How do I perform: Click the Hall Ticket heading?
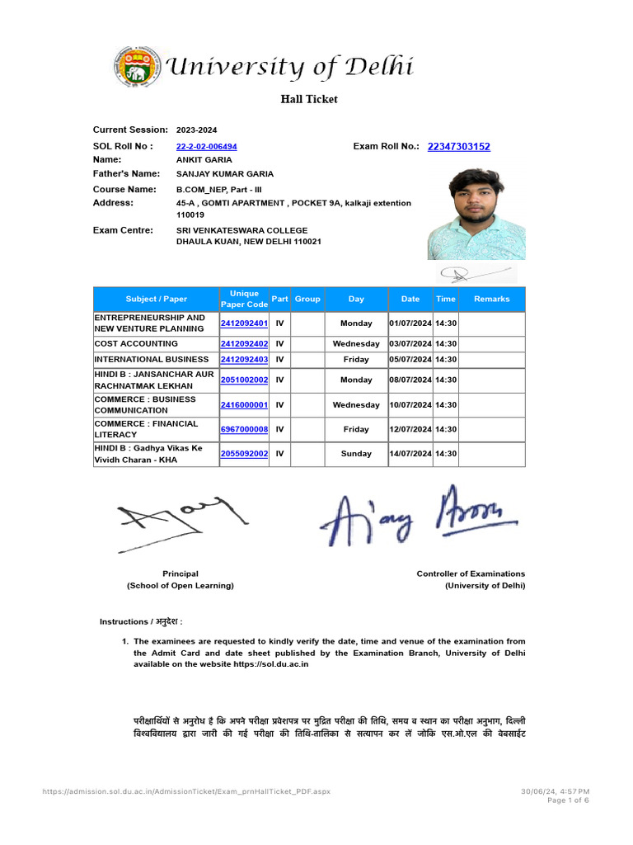[x=310, y=99]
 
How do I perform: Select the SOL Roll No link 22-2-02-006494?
[x=207, y=147]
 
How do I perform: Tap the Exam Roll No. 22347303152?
[x=458, y=147]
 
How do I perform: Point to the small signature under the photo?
[x=471, y=272]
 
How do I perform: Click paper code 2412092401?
[x=244, y=323]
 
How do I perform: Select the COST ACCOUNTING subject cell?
[x=136, y=343]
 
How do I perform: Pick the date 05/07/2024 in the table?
[x=410, y=360]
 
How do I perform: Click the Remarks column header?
[x=492, y=299]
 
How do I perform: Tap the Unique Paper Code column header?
[x=244, y=299]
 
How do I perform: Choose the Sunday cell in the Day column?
[x=356, y=454]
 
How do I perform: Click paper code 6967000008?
[x=244, y=429]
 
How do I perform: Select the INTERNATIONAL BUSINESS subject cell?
[x=152, y=360]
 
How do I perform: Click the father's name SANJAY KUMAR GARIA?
[x=225, y=174]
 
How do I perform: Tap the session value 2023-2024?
[x=197, y=130]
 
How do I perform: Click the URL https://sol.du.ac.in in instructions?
[x=271, y=664]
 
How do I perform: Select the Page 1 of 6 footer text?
[x=568, y=800]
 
